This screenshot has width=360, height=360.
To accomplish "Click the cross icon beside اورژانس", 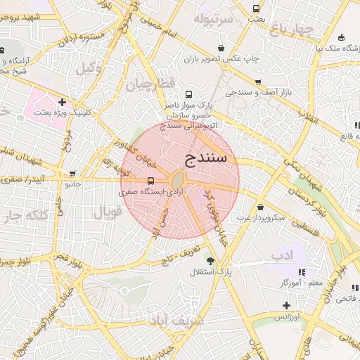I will [x=286, y=305].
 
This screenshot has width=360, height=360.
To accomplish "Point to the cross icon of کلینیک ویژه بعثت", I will [x=63, y=103].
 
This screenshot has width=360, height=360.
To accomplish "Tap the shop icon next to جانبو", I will [x=72, y=174].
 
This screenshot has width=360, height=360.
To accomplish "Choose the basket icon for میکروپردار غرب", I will [x=261, y=207].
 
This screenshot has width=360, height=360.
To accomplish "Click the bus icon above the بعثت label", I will [x=256, y=8].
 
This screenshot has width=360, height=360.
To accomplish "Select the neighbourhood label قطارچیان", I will [x=148, y=85].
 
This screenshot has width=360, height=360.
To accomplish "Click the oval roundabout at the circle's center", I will [x=179, y=179].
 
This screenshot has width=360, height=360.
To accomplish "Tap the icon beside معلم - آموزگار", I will [x=302, y=272].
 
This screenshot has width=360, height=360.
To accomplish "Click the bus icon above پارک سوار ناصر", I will [x=188, y=94].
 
